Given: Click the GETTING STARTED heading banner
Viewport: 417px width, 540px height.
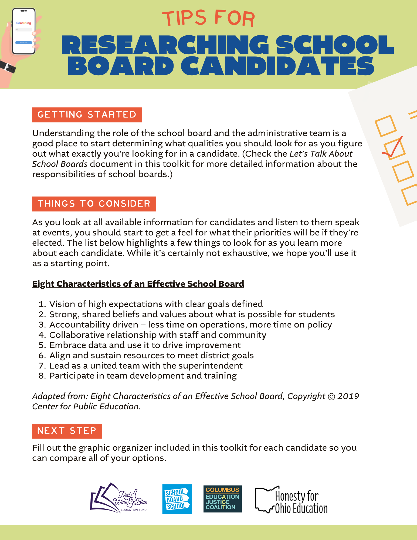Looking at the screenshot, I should pos(87,115).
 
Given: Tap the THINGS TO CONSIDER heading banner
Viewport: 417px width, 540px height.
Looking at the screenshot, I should pos(94,204).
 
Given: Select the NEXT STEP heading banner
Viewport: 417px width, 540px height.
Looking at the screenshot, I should pos(67,431).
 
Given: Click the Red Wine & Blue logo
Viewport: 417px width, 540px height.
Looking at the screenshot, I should pos(119,498).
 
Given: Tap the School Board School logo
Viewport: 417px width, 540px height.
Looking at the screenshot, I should pos(177,499).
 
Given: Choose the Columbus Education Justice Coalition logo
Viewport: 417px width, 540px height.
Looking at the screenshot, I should pos(222,499).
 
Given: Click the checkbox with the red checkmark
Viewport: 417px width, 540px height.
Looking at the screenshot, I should pos(394,148).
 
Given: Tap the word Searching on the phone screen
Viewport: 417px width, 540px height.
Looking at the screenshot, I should pos(23,23).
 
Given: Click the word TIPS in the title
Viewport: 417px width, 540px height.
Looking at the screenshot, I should pos(184,18).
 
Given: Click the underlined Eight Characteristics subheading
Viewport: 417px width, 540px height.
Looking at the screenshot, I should pos(138,284).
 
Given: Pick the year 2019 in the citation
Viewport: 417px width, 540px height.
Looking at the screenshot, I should pos(348,396).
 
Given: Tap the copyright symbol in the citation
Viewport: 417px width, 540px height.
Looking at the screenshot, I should pos(331,396).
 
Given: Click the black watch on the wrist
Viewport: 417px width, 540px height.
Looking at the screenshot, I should pos(8,66).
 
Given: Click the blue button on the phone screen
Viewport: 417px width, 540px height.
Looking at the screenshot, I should pos(23,43).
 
